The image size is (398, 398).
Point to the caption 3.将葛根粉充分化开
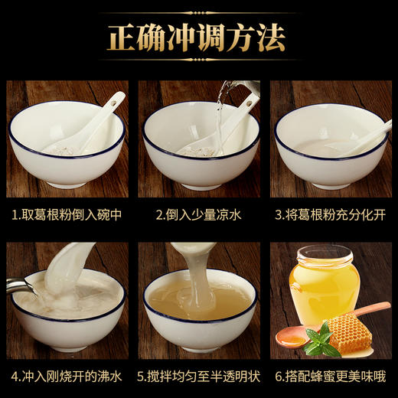click(x=331, y=215)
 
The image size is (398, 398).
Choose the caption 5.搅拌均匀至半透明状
click(x=198, y=377)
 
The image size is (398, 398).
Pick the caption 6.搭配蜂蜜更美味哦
click(x=331, y=377)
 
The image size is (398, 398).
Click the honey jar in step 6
click(x=324, y=287)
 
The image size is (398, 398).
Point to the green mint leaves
click(x=320, y=339)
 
